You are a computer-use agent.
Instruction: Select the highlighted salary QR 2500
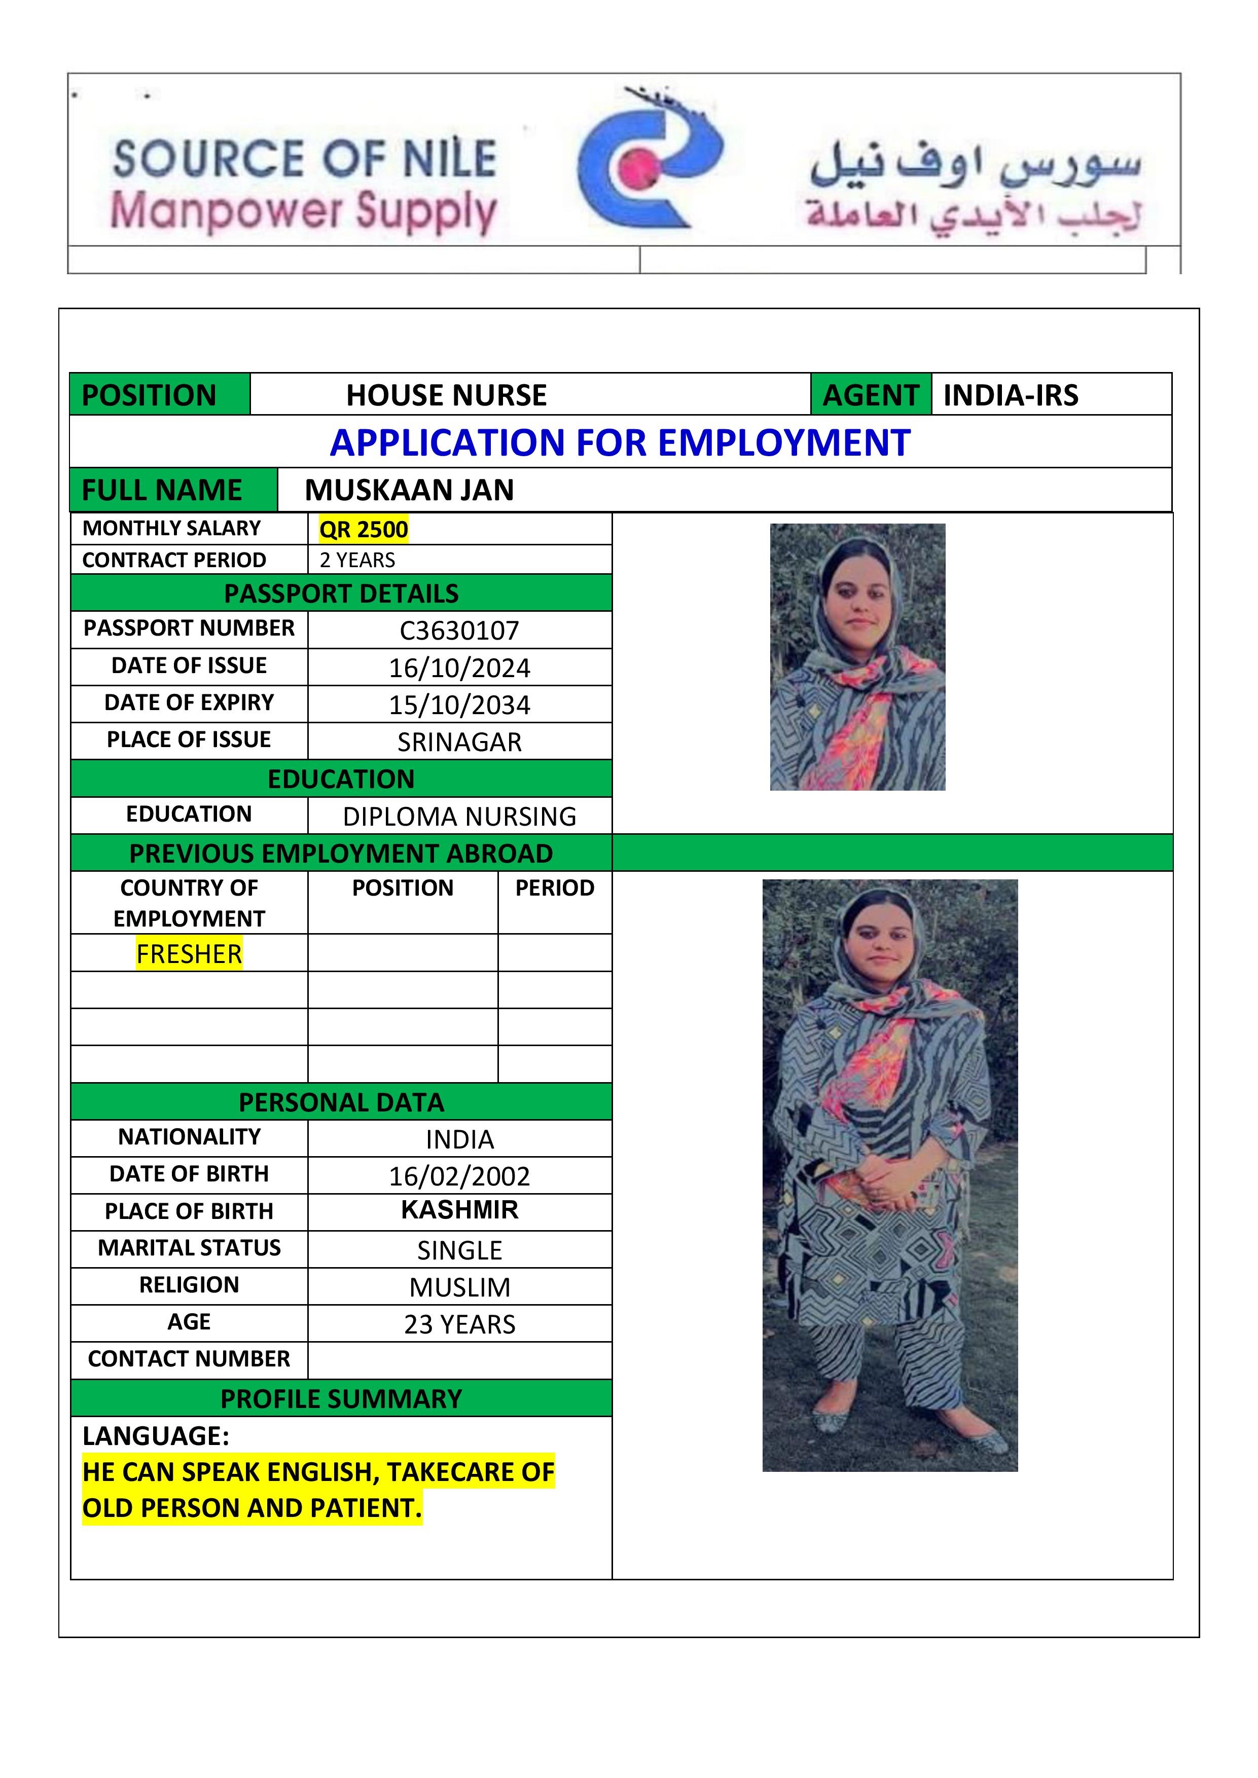click(x=363, y=530)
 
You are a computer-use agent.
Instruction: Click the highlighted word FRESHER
click(x=189, y=953)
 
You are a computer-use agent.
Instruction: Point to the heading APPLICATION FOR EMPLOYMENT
click(x=620, y=443)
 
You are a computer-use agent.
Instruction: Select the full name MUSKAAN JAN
click(x=409, y=490)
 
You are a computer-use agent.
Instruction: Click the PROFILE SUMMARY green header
click(x=341, y=1398)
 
